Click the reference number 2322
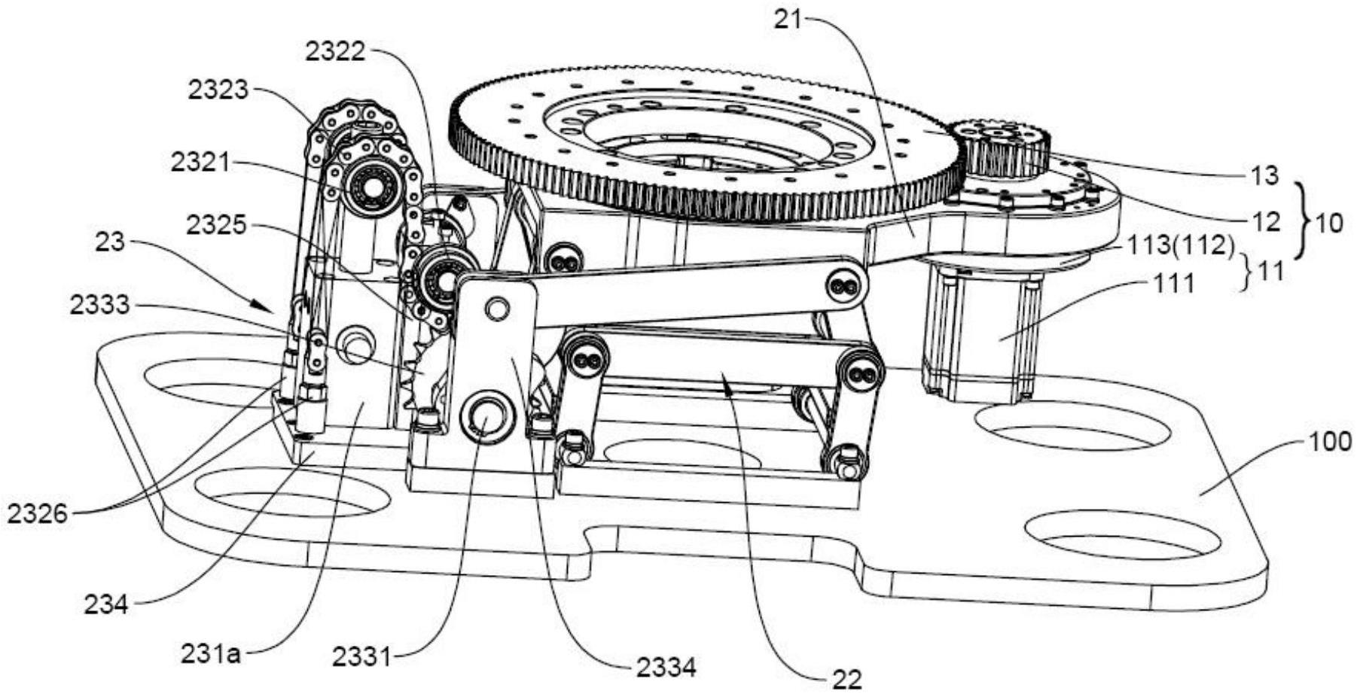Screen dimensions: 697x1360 (x=334, y=52)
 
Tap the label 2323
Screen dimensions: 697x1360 (x=218, y=90)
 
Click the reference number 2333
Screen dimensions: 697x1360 (x=99, y=305)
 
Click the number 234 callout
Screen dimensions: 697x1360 (x=106, y=604)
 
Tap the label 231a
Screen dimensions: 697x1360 (x=211, y=653)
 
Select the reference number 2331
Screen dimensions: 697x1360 (x=362, y=656)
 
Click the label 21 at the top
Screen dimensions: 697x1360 (x=788, y=20)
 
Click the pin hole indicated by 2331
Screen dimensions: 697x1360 (x=484, y=417)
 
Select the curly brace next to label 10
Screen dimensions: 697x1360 (x=1307, y=223)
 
